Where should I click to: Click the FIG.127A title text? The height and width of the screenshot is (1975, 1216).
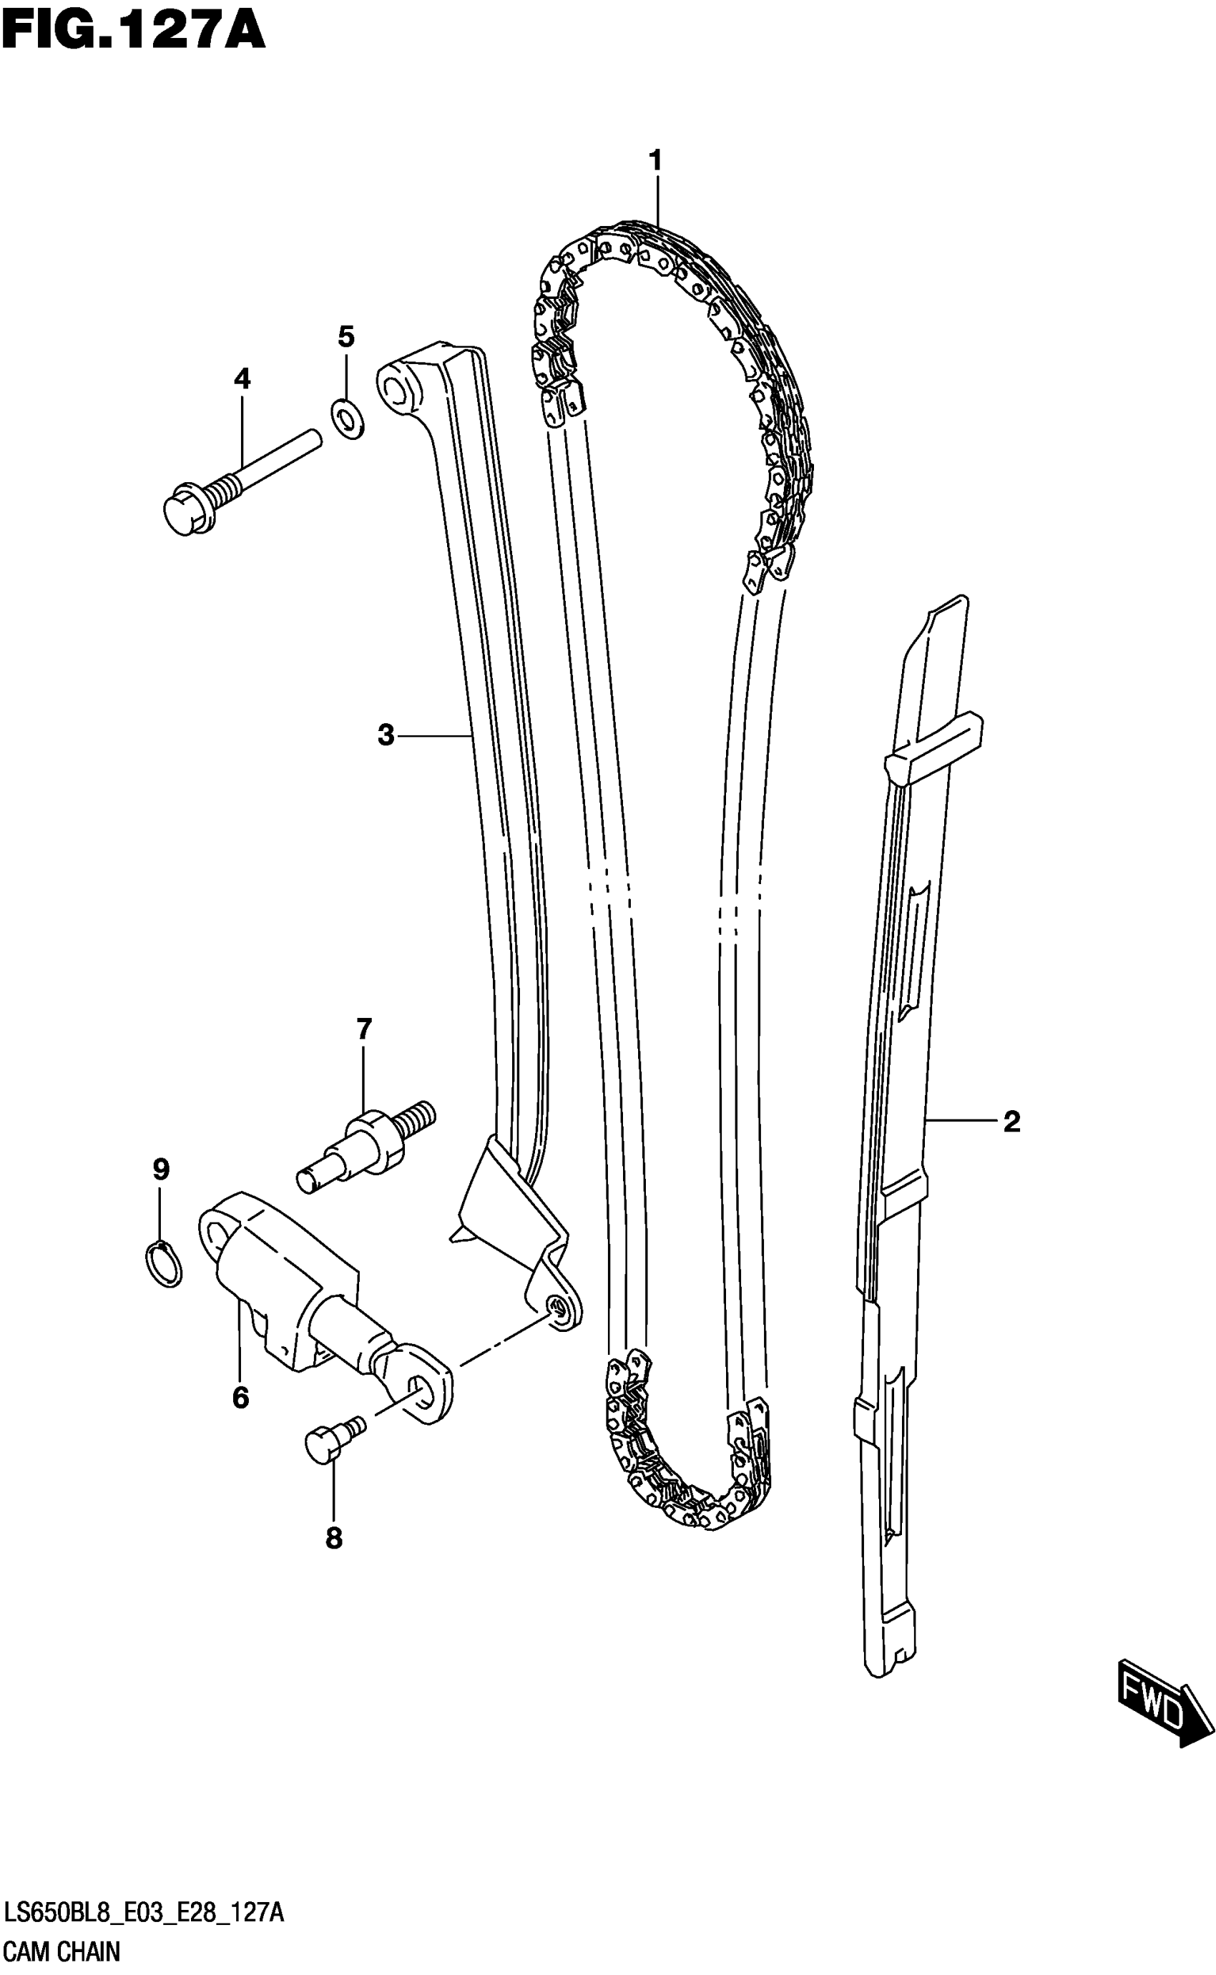coord(133,33)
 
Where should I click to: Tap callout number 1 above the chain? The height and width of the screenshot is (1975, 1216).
coord(655,161)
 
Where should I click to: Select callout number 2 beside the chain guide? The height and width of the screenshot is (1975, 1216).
coord(1011,1121)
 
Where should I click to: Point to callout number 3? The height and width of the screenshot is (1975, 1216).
coord(386,734)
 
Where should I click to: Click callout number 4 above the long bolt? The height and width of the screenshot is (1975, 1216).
coord(242,378)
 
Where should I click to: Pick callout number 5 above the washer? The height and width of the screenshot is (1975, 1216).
coord(345,336)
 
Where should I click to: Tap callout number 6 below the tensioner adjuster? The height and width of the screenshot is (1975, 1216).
coord(240,1398)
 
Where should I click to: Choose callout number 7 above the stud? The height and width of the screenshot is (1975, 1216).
coord(364,1029)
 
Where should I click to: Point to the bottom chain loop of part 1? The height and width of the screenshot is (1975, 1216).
coord(684,1496)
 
